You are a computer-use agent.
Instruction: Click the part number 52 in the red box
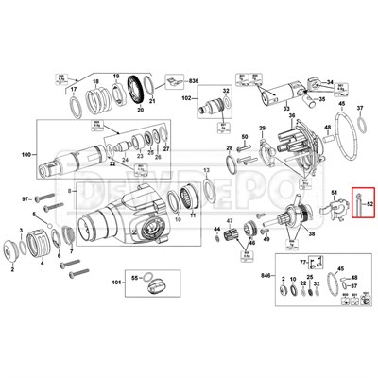(x=371, y=204)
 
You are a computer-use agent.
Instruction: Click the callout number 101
(x=116, y=283)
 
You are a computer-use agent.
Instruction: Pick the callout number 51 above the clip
(x=334, y=193)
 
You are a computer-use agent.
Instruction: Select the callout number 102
(x=188, y=98)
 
